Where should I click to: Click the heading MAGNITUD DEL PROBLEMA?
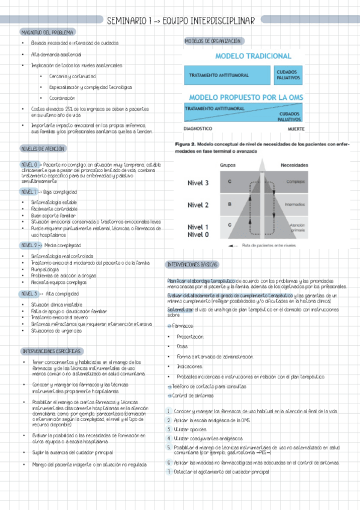pyautogui.click(x=47, y=31)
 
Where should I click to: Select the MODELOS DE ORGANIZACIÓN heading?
pyautogui.click(x=213, y=41)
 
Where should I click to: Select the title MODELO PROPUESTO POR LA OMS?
pyautogui.click(x=245, y=97)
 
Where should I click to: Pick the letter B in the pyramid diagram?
pyautogui.click(x=229, y=205)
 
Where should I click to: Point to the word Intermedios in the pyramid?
pyautogui.click(x=294, y=205)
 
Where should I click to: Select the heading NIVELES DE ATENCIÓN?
pyautogui.click(x=43, y=148)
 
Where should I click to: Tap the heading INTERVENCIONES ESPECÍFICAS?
pyautogui.click(x=52, y=351)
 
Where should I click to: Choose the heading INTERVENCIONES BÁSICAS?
pyautogui.click(x=192, y=265)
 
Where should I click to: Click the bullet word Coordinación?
pyautogui.click(x=63, y=97)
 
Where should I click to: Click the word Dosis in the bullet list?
pyautogui.click(x=182, y=346)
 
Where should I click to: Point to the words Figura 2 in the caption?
pyautogui.click(x=185, y=145)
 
